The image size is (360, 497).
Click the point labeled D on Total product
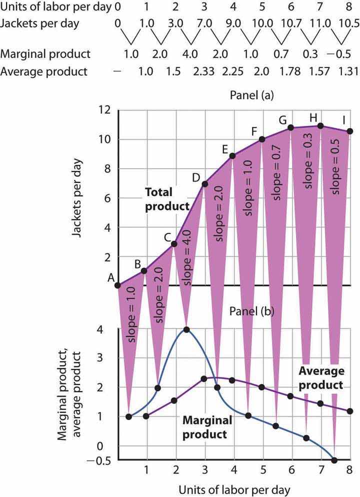pos(205,184)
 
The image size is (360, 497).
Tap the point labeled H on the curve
pos(320,126)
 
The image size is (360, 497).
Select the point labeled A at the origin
pos(117,285)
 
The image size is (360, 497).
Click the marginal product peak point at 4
pos(186,329)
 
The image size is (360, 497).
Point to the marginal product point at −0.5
pos(334,460)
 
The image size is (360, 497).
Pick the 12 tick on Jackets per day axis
pos(104,110)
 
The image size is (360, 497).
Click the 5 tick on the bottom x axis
pos(262,470)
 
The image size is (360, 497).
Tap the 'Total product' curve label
pos(167,198)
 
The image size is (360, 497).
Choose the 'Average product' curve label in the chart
pos(321,378)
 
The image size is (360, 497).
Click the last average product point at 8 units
pos(349,411)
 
